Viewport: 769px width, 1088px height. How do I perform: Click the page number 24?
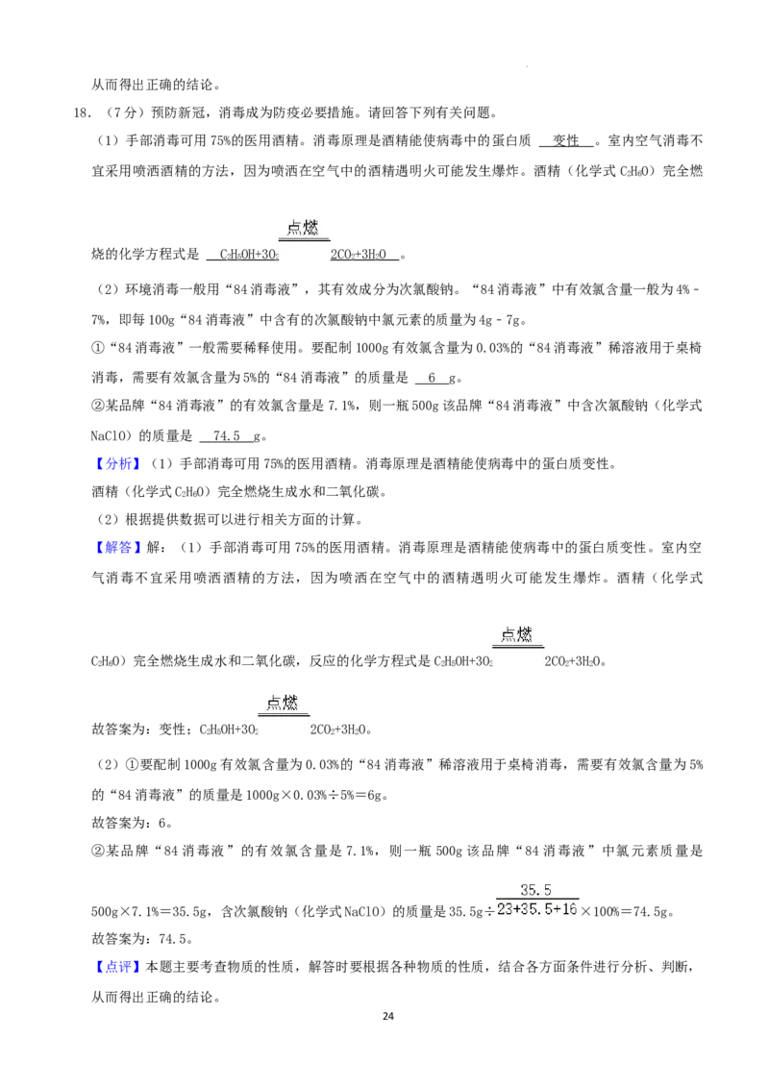pos(388,1016)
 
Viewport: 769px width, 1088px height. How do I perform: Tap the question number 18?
pos(82,113)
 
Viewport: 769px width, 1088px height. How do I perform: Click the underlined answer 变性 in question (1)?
pos(566,141)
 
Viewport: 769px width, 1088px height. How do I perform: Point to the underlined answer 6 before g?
pos(432,378)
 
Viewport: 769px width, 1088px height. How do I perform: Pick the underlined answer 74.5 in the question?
pos(226,435)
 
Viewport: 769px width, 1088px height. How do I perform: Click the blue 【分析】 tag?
pos(118,463)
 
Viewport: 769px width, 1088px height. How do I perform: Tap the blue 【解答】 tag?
pos(118,548)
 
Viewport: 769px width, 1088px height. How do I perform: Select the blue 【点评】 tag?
pos(118,967)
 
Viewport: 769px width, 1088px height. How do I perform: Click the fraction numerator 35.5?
pos(535,890)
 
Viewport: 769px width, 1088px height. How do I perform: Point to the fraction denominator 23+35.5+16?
pos(537,908)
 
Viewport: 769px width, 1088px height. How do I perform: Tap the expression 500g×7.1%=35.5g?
pos(150,912)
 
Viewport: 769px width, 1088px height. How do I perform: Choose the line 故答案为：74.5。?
pos(142,939)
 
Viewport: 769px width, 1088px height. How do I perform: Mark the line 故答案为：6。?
pos(132,823)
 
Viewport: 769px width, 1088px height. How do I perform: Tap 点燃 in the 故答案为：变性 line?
pos(283,703)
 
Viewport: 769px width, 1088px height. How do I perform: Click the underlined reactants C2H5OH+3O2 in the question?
pos(249,255)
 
